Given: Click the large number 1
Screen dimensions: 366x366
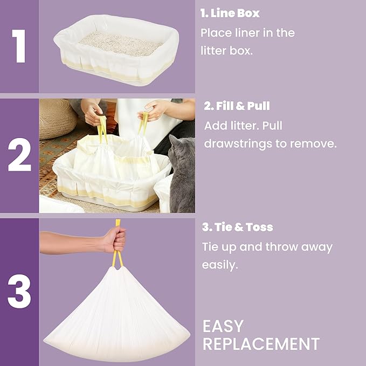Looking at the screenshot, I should [19, 47].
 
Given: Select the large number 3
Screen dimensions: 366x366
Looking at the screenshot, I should [19, 293].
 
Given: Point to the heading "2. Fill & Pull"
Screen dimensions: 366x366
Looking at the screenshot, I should [237, 106].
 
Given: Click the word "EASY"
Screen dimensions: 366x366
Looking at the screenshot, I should [223, 326].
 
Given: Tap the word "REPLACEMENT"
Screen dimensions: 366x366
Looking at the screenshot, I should [261, 344].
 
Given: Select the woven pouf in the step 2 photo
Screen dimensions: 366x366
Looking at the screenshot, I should [57, 118].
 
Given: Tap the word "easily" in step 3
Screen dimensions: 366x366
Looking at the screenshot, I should [220, 265].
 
